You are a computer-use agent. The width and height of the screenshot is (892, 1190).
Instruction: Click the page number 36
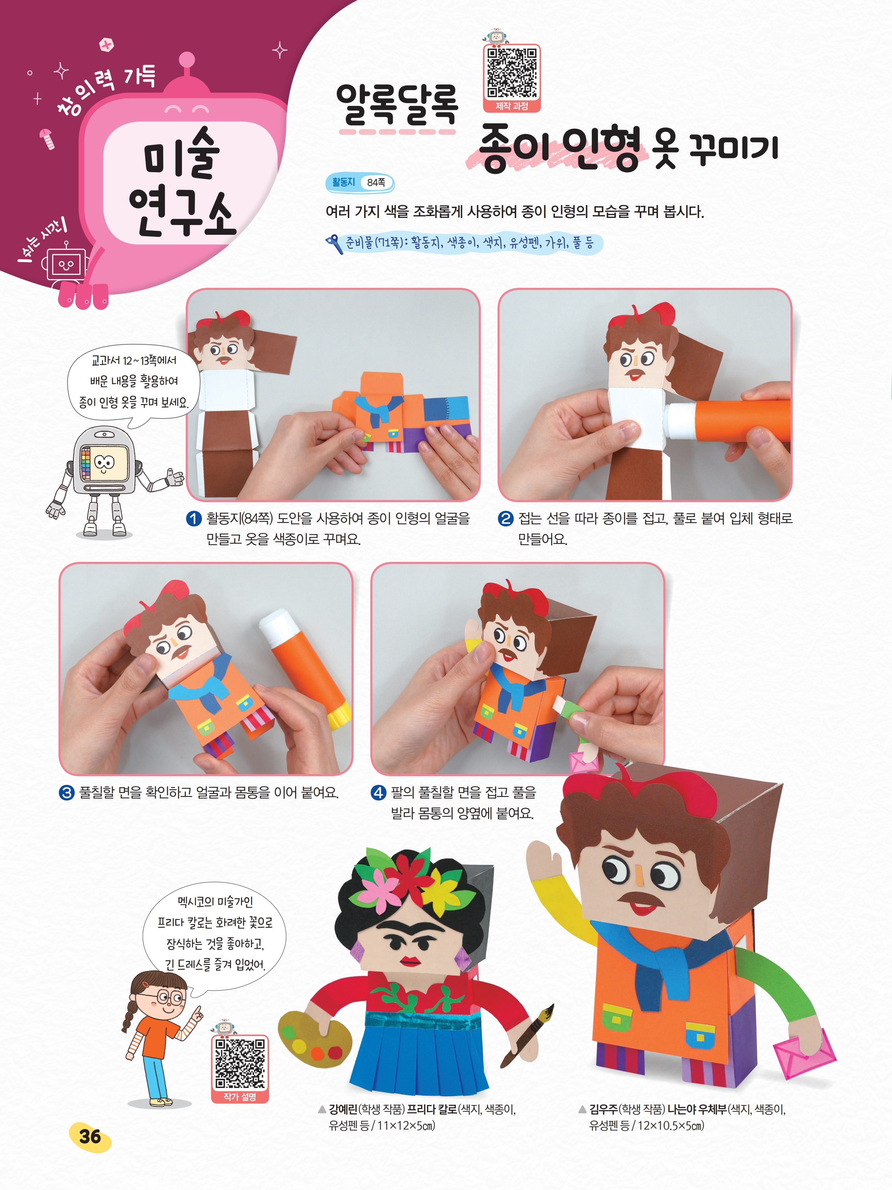point(90,1137)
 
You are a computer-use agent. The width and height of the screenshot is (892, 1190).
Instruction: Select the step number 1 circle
point(194,519)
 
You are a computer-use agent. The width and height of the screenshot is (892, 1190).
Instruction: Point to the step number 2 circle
point(505,519)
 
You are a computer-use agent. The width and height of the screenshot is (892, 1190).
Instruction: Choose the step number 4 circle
point(379,792)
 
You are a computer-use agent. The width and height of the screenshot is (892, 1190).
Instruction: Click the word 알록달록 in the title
point(397,105)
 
